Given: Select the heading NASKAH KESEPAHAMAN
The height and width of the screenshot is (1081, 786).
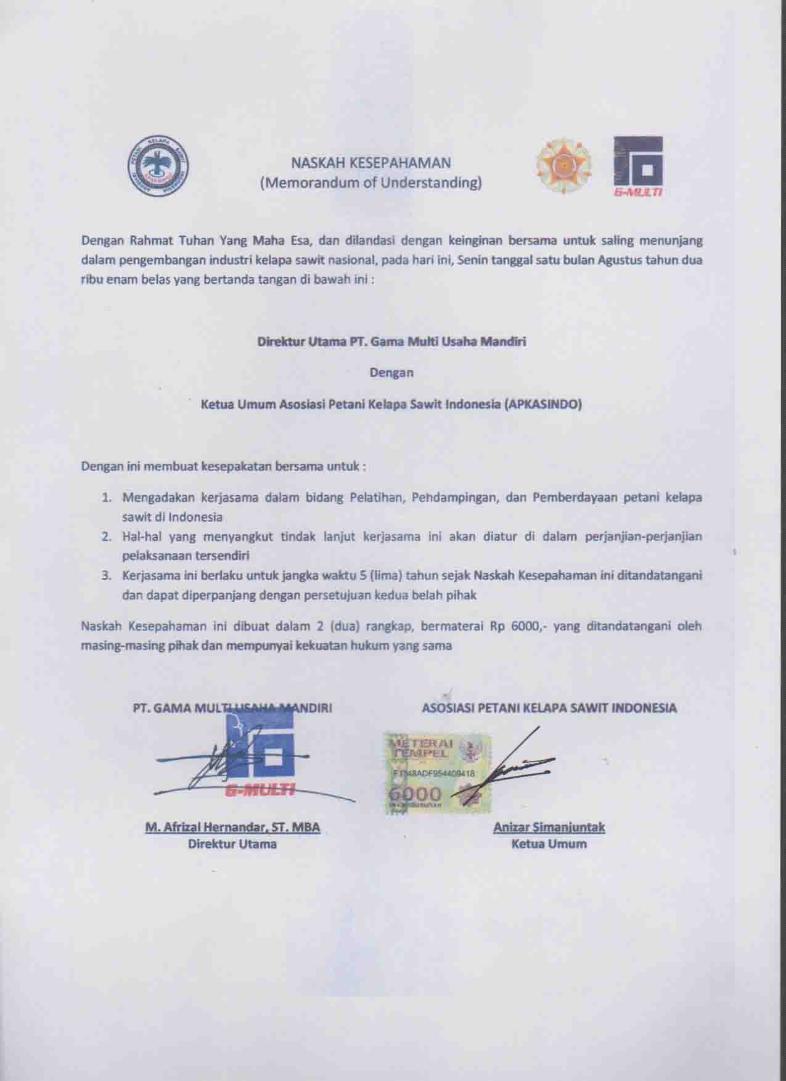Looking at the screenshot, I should click(x=370, y=163).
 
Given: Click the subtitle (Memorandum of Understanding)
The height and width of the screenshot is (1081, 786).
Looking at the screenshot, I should click(x=370, y=183).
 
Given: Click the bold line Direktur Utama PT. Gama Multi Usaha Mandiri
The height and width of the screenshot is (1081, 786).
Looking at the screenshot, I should click(x=391, y=341).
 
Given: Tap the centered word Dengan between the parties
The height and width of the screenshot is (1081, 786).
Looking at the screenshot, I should click(x=391, y=372).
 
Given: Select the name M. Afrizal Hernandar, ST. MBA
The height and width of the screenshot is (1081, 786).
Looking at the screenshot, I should click(x=232, y=828).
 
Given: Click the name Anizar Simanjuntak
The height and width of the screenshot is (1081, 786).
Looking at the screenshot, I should click(x=549, y=828).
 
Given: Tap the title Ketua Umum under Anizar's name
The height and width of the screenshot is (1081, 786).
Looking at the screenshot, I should click(x=549, y=844).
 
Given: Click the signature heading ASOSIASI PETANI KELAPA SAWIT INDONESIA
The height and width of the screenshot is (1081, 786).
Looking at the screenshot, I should click(x=549, y=708).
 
